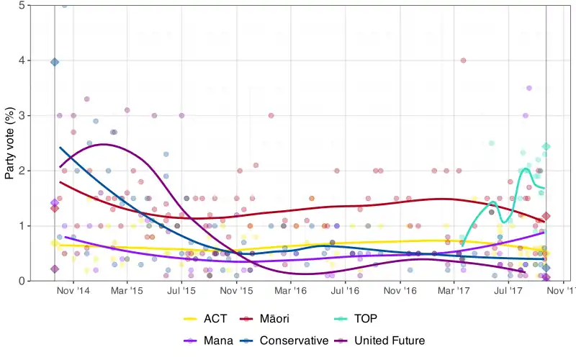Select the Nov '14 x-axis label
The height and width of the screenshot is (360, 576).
(x=73, y=292)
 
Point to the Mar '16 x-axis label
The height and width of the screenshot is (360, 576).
(x=291, y=292)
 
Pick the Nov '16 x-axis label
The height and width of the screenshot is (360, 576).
(x=400, y=292)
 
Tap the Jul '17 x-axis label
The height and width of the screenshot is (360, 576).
(x=509, y=292)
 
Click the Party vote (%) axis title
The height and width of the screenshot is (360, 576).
(x=10, y=143)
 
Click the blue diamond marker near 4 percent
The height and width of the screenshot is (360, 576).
(x=55, y=62)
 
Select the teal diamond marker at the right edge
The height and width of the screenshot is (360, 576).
(x=546, y=147)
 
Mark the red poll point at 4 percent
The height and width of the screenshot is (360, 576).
(x=463, y=60)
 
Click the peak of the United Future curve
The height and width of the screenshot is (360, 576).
(x=103, y=145)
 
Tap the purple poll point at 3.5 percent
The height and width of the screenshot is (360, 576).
(x=529, y=88)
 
